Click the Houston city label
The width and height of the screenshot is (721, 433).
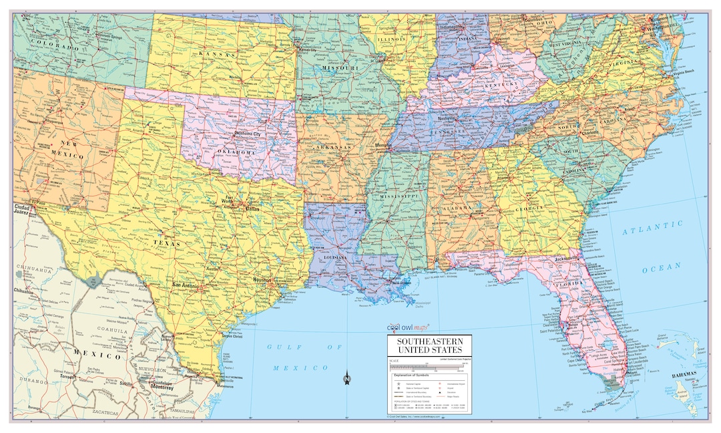[262, 280]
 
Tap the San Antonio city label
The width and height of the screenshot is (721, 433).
[185, 285]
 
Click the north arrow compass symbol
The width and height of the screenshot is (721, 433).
[346, 379]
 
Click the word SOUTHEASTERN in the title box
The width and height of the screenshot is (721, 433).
[430, 341]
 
